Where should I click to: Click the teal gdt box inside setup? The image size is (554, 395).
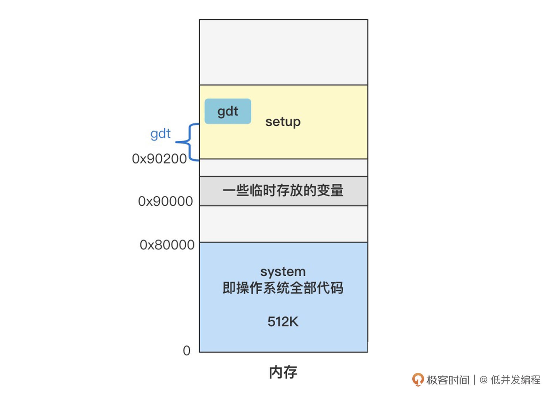pyautogui.click(x=228, y=111)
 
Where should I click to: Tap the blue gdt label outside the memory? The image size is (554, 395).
pyautogui.click(x=160, y=134)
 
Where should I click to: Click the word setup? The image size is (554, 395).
pyautogui.click(x=283, y=122)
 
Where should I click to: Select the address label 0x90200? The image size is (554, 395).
pyautogui.click(x=159, y=159)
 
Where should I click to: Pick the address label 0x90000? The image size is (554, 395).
pyautogui.click(x=165, y=201)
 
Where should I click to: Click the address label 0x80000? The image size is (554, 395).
pyautogui.click(x=167, y=245)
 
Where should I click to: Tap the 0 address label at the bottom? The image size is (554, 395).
pyautogui.click(x=187, y=351)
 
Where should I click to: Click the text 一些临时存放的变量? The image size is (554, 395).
pyautogui.click(x=283, y=190)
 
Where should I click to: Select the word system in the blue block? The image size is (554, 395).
pyautogui.click(x=283, y=272)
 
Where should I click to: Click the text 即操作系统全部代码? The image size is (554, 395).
pyautogui.click(x=283, y=288)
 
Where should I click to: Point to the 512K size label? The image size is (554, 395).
pyautogui.click(x=283, y=322)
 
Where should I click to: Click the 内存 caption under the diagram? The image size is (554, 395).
pyautogui.click(x=283, y=372)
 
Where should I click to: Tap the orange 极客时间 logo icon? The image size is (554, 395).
pyautogui.click(x=418, y=379)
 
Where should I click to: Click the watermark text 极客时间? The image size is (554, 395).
pyautogui.click(x=448, y=380)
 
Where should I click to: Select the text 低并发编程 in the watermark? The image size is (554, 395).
pyautogui.click(x=515, y=380)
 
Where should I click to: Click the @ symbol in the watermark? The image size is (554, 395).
pyautogui.click(x=484, y=380)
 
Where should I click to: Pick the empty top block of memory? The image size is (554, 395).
pyautogui.click(x=283, y=52)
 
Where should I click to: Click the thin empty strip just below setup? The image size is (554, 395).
pyautogui.click(x=283, y=168)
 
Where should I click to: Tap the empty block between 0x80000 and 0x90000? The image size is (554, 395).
pyautogui.click(x=283, y=224)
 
